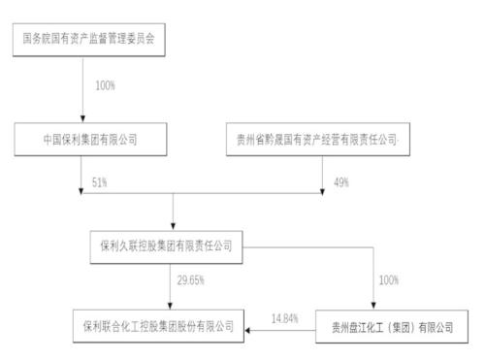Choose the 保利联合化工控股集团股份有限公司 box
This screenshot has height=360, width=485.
coord(160,325)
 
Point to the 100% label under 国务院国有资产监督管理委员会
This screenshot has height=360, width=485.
coord(105,86)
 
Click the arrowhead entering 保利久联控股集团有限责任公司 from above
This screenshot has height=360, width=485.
coord(172,225)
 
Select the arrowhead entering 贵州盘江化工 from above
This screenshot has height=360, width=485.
coord(374,304)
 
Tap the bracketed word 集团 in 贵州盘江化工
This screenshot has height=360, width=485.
coord(411,325)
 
